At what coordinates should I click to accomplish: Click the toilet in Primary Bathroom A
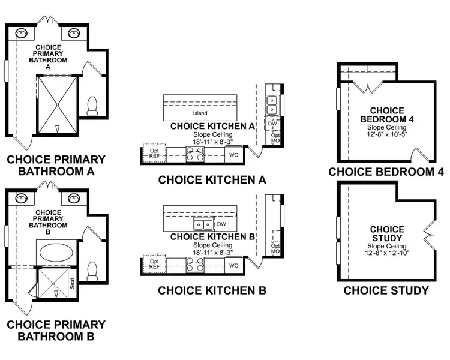click(92, 107)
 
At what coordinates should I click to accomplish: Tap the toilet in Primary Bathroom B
click(92, 271)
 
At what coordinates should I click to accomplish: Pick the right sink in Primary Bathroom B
click(75, 198)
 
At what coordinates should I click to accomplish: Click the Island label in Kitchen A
click(200, 113)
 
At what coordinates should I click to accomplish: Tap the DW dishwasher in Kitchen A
click(272, 124)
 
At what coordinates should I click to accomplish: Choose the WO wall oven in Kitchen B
click(234, 265)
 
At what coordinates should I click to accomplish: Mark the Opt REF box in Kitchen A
click(154, 153)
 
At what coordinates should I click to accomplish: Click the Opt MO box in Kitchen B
click(275, 247)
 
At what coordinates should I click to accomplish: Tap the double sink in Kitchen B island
click(202, 225)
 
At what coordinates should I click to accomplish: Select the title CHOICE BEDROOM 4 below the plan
click(386, 172)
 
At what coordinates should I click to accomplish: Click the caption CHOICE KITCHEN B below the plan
click(212, 291)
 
